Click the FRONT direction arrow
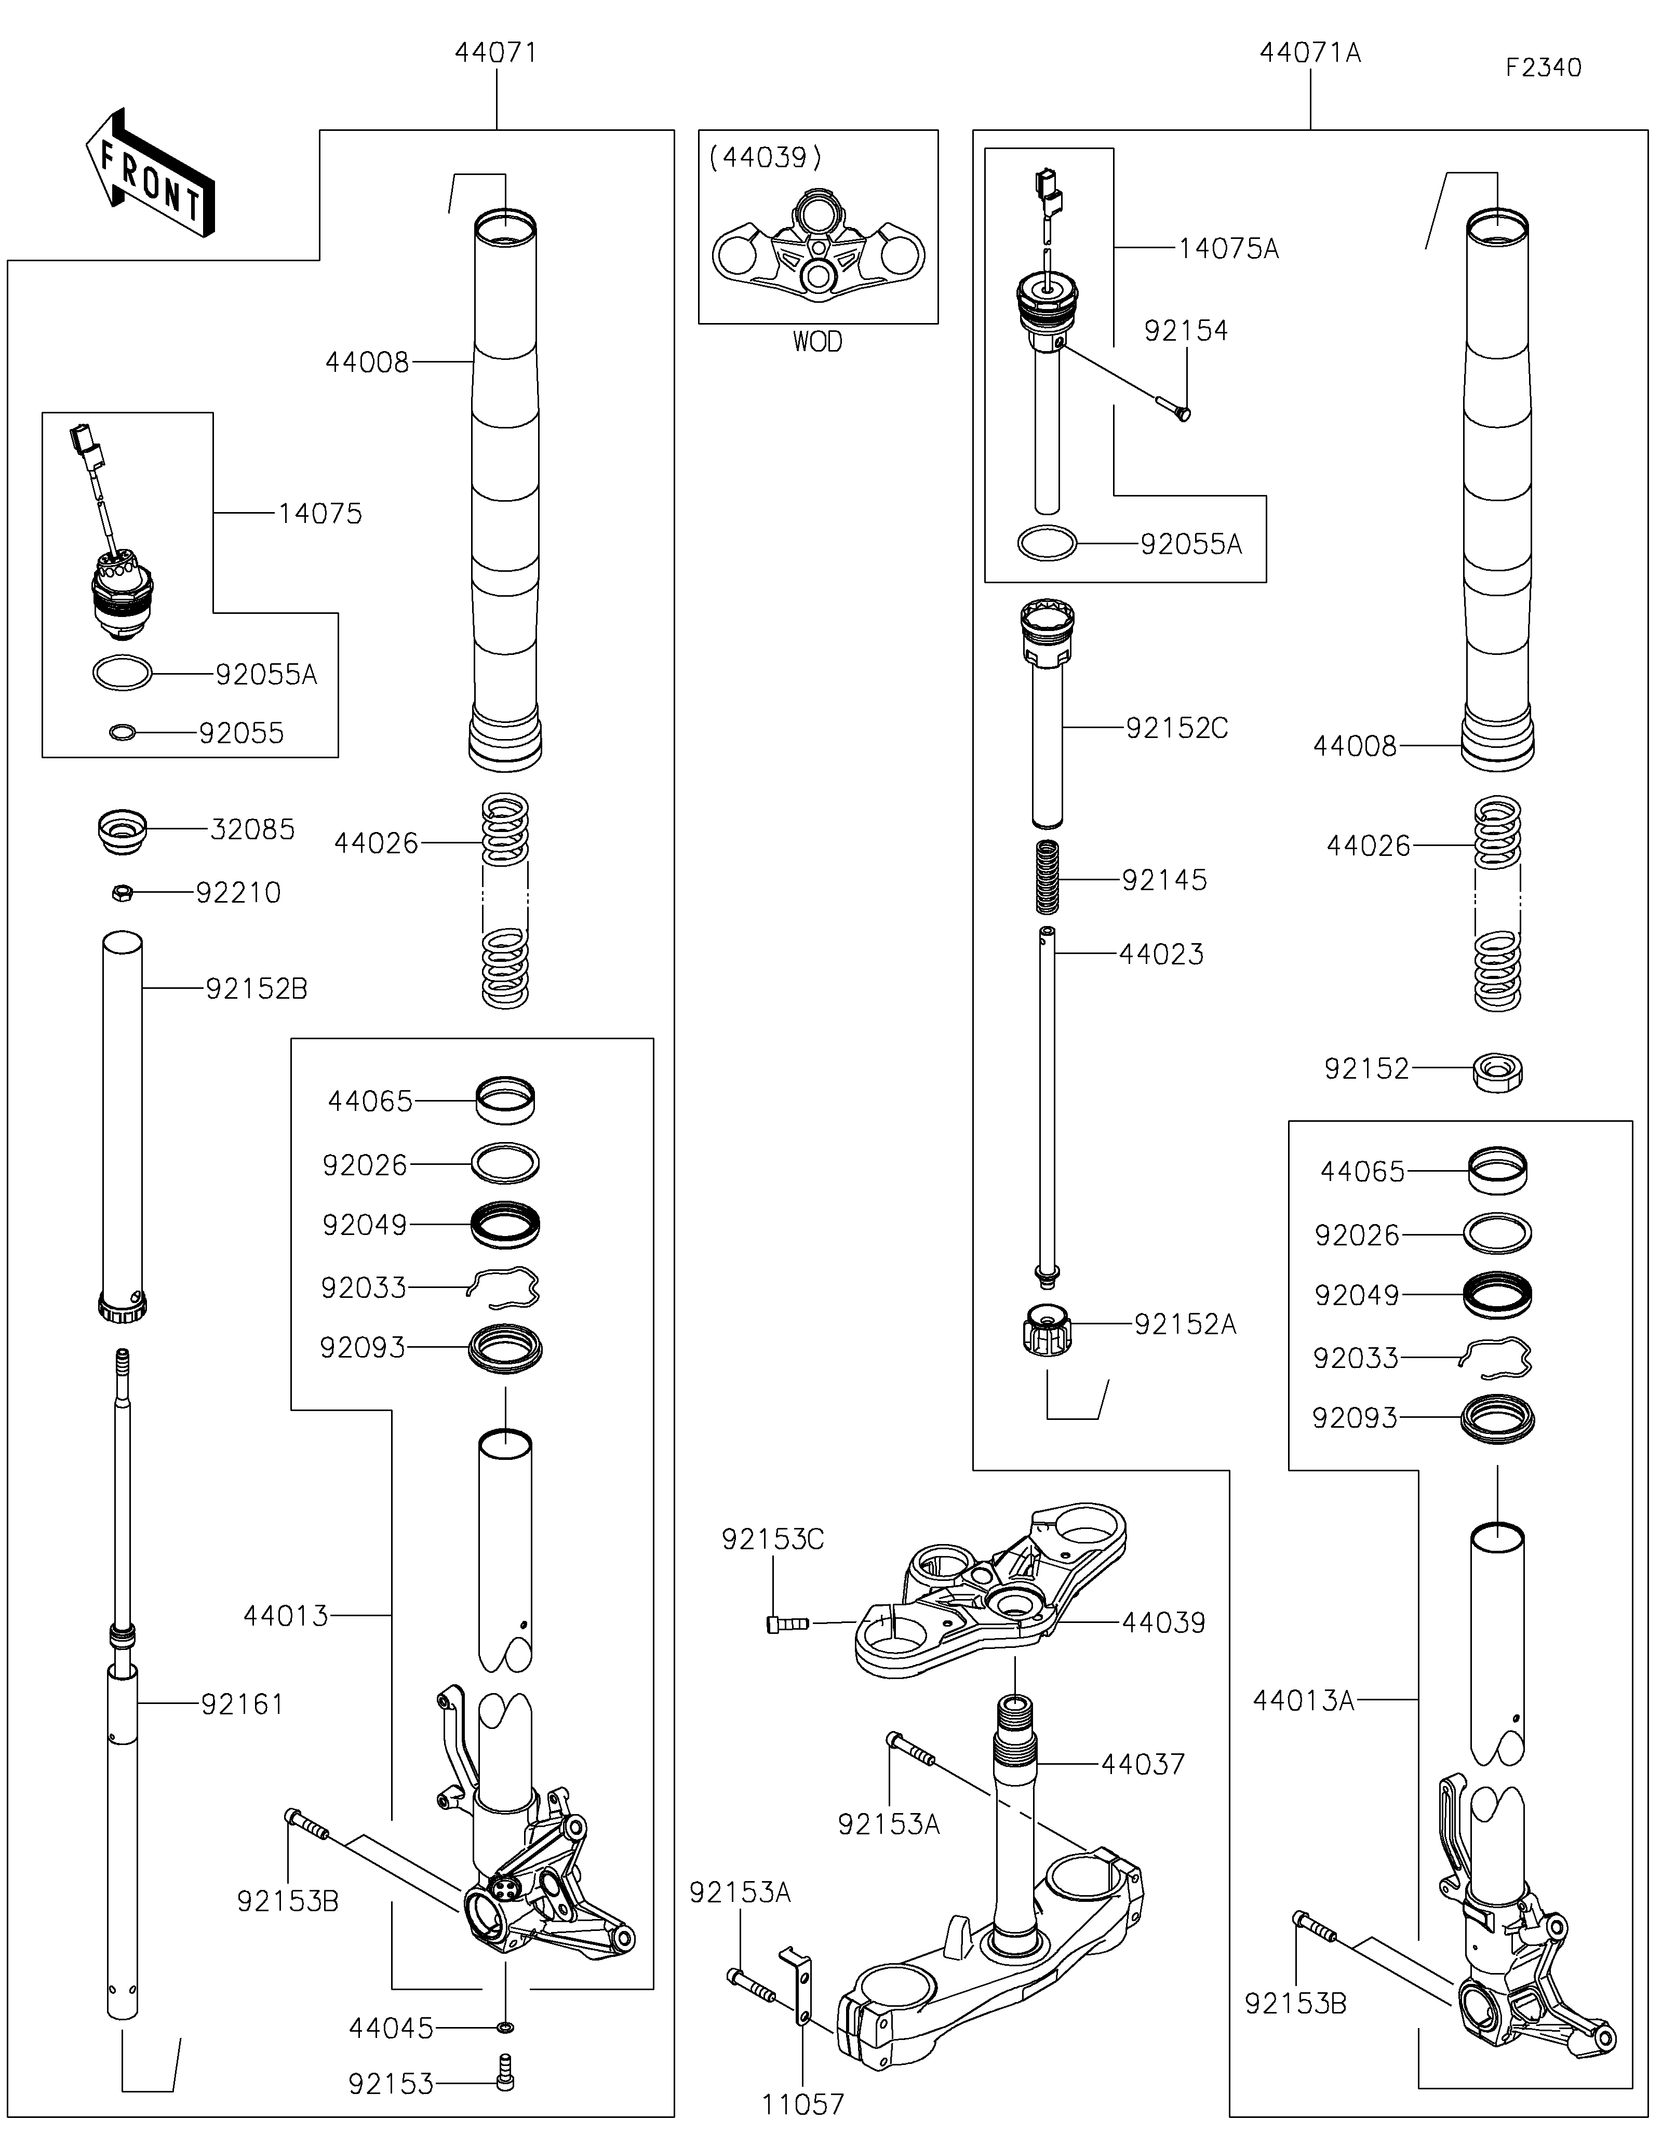[x=150, y=173]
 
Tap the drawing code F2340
[x=1543, y=68]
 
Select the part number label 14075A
[x=1228, y=250]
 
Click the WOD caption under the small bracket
[x=817, y=342]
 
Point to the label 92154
[x=1186, y=331]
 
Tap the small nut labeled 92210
[x=122, y=893]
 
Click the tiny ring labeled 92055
[x=122, y=732]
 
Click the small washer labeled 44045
[x=505, y=2027]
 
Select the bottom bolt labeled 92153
[x=506, y=2075]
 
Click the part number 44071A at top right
[x=1310, y=53]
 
